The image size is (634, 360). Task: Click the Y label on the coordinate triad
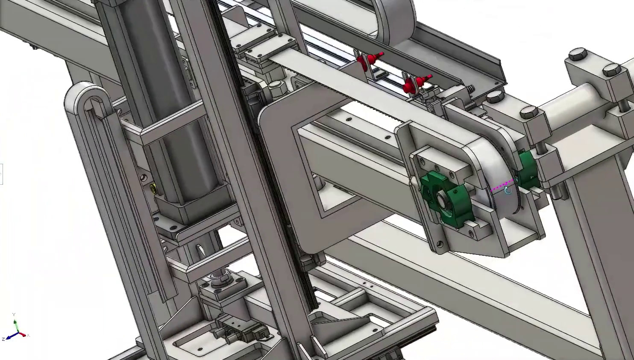tap(14, 315)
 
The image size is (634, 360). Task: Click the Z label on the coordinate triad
tap(3, 339)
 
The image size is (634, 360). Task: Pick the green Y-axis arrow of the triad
tap(15, 325)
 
